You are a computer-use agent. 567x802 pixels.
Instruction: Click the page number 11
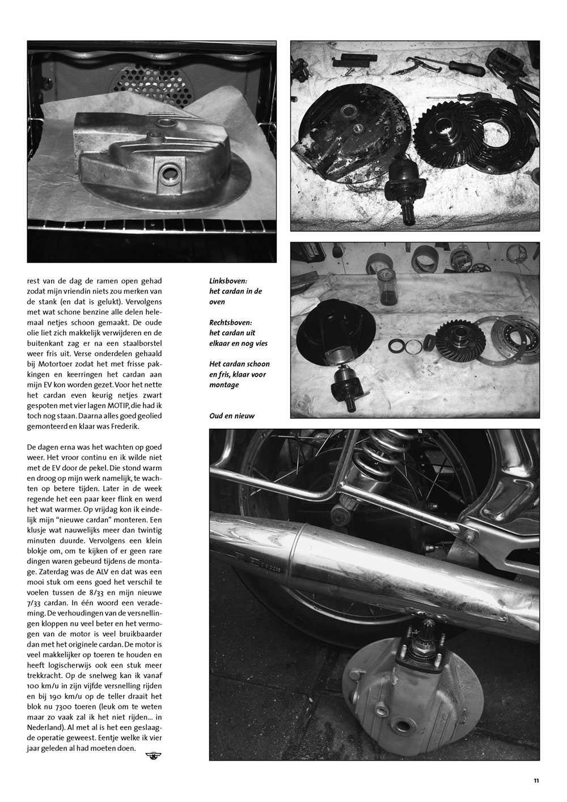point(536,780)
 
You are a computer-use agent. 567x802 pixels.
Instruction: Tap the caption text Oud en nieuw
point(232,416)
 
